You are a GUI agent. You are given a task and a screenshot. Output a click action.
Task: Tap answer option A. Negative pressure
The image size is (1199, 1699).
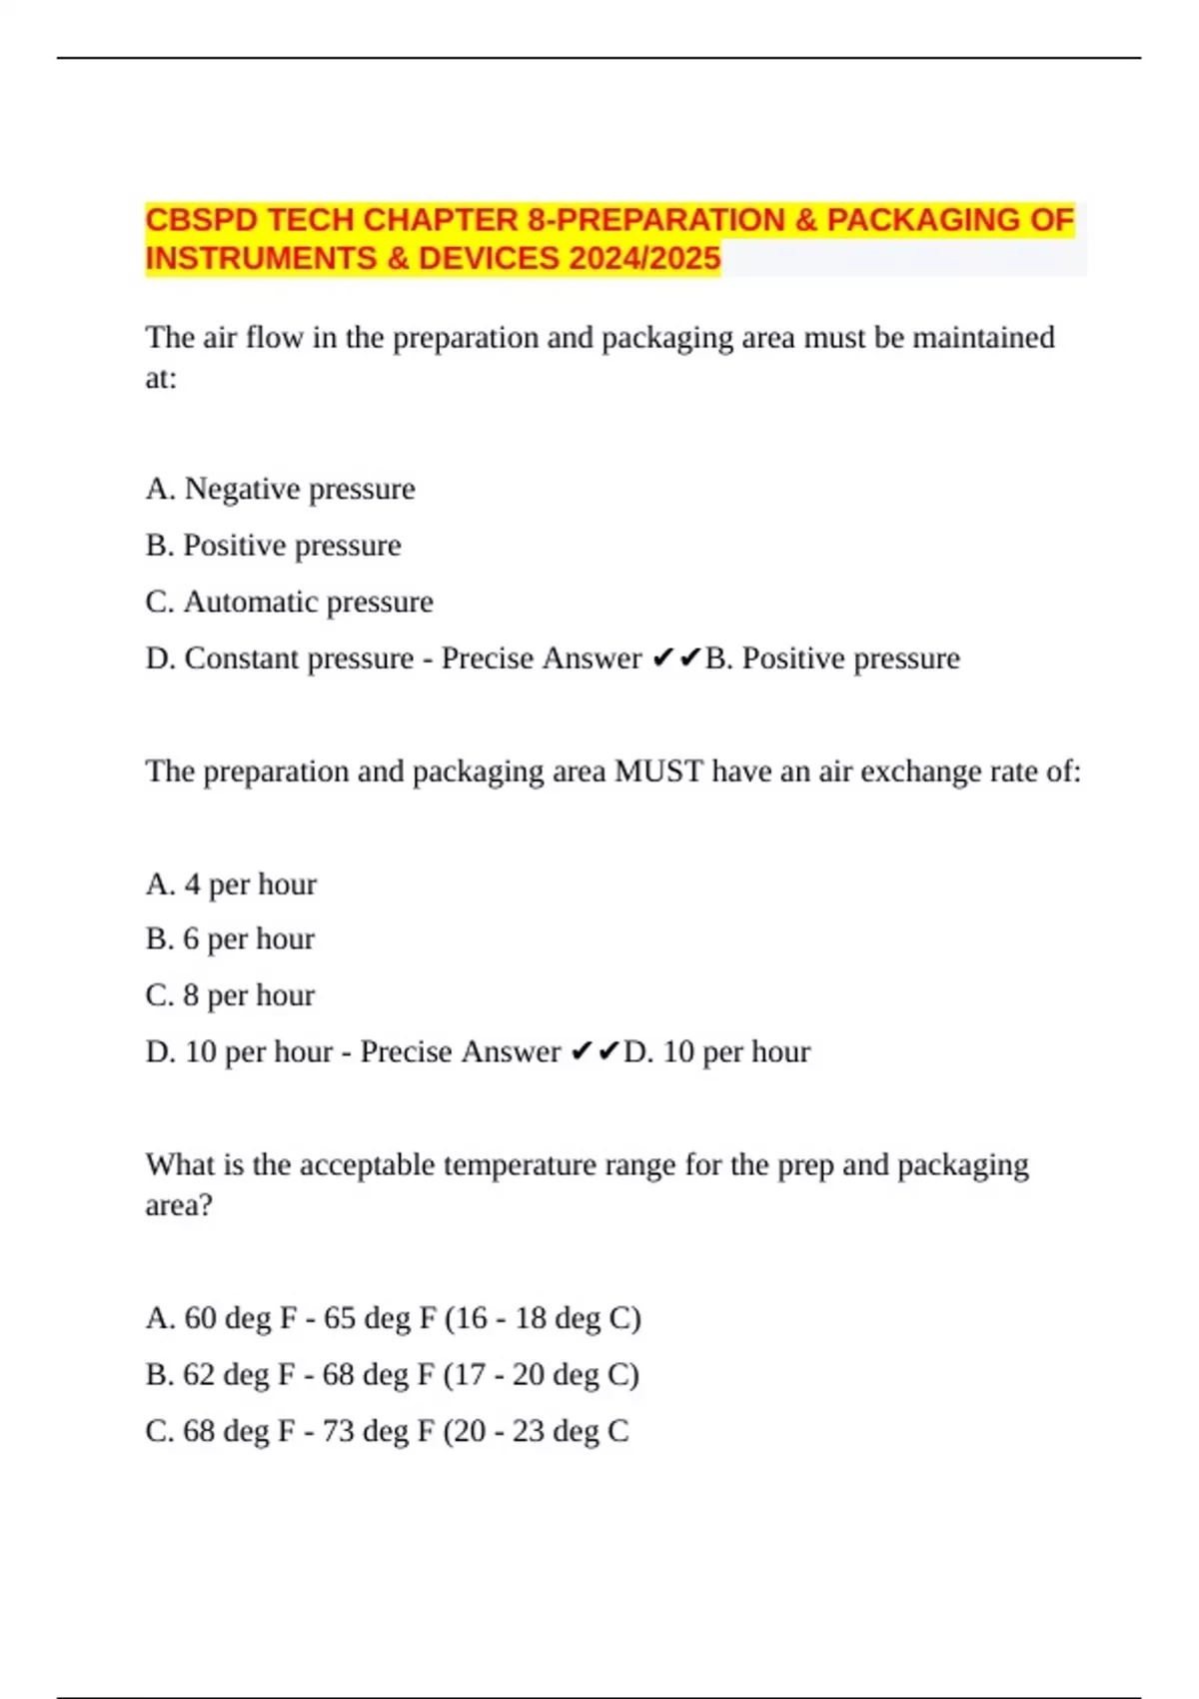pos(280,489)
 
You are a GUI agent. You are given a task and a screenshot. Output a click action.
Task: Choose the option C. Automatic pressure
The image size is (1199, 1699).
pos(289,602)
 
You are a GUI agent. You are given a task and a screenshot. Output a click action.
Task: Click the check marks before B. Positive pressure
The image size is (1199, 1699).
pos(676,659)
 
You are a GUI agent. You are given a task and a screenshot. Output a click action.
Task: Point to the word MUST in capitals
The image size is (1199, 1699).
pos(658,772)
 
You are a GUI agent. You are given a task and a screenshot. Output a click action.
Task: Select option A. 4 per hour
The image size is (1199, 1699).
pos(231,884)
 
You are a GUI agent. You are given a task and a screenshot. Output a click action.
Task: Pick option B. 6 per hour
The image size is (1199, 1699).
pos(230,939)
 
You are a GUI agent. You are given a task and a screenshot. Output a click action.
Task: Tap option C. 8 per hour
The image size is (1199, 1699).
pos(230,995)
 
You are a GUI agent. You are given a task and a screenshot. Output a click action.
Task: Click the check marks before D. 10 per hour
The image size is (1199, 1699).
pos(596,1052)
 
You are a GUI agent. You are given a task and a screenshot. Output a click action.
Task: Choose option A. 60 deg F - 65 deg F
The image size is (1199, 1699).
pos(393,1318)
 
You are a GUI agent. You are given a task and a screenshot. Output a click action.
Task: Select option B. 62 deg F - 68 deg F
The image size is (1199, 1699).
pos(392,1375)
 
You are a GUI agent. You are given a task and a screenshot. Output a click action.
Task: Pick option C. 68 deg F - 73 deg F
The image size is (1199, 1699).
pos(387,1431)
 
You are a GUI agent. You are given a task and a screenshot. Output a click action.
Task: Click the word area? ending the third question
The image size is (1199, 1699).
pos(179,1205)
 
